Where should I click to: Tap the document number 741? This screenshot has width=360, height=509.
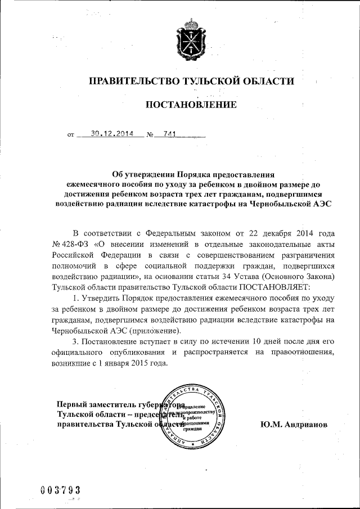pos(170,134)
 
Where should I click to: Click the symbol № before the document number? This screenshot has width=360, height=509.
pos(150,135)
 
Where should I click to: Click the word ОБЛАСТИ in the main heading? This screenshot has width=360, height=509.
pos(265,82)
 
